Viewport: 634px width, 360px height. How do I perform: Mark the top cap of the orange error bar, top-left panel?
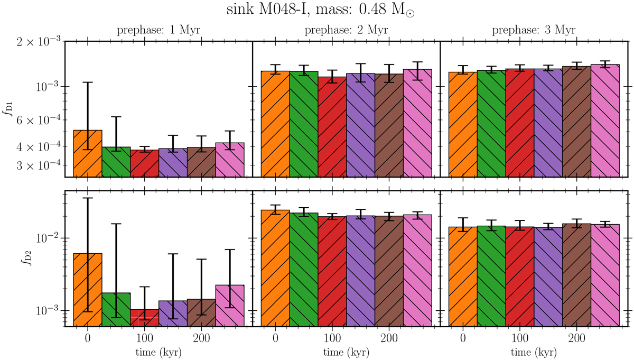[88, 82]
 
